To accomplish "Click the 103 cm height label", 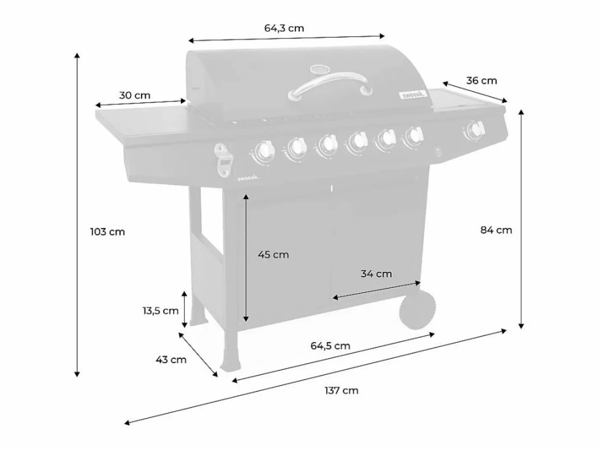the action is coord(108,232).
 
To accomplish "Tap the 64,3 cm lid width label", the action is coord(284,28).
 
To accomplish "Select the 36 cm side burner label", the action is coord(482,81).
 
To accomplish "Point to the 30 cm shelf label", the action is coord(135,95).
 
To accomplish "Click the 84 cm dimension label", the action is coord(496,230).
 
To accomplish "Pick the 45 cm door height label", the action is coord(273,255).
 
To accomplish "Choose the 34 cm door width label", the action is coord(376,274).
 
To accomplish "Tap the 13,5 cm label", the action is coord(161,311).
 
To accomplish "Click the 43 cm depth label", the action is coord(171,360).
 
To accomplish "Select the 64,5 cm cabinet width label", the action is coord(330,346).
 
